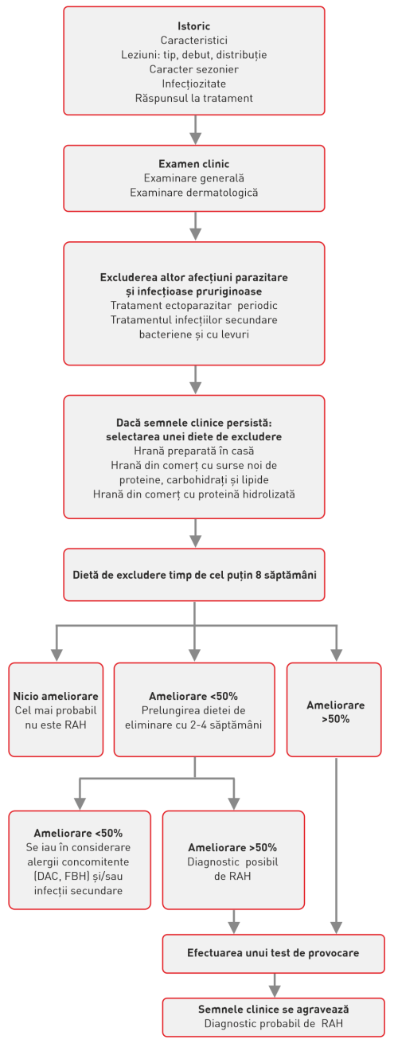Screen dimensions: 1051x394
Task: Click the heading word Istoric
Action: [x=194, y=26]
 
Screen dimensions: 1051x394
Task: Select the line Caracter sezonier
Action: [x=194, y=69]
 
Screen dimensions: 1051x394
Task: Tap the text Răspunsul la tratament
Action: [x=194, y=98]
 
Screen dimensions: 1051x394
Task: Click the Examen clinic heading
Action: [x=194, y=164]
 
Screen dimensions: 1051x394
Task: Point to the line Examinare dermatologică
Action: [x=194, y=193]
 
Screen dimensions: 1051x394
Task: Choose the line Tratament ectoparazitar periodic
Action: [x=194, y=306]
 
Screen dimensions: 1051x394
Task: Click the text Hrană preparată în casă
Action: [x=194, y=451]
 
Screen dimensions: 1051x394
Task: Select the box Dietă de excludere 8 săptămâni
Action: [x=194, y=574]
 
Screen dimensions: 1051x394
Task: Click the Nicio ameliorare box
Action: [x=56, y=709]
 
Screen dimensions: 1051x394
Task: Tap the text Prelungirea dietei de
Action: [x=194, y=710]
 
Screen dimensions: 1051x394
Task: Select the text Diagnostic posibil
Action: [x=232, y=862]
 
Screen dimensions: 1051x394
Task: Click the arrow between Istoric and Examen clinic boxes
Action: [x=194, y=129]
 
